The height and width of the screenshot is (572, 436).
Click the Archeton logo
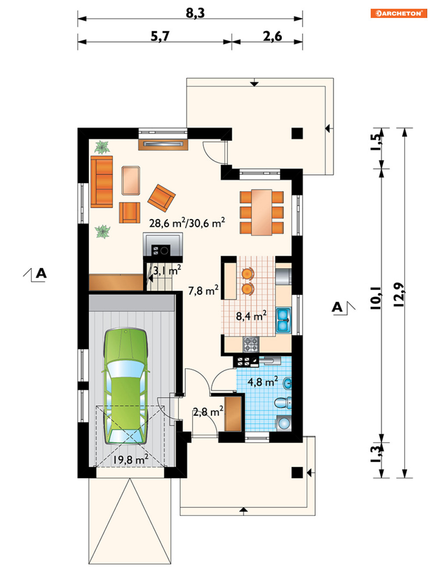tap(399, 13)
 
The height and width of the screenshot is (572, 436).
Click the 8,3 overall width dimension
tap(195, 13)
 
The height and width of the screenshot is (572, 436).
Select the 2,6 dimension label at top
tap(273, 36)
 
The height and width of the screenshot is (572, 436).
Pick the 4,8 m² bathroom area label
tap(262, 382)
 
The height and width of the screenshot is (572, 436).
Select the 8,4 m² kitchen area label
tap(251, 316)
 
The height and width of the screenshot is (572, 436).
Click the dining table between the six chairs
tap(262, 212)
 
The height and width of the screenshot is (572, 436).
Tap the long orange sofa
tap(102, 182)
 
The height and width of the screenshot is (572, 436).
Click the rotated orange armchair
tap(161, 198)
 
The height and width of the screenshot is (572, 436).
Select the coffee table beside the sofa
tap(131, 180)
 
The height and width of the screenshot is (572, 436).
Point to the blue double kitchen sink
tap(283, 321)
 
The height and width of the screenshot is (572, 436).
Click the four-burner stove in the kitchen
tap(251, 344)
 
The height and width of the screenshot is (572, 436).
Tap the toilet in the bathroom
tap(283, 403)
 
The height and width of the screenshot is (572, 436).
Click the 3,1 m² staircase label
tap(167, 271)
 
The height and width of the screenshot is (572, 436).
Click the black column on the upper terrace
tap(297, 133)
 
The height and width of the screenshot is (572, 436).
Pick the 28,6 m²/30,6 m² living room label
tap(187, 223)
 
